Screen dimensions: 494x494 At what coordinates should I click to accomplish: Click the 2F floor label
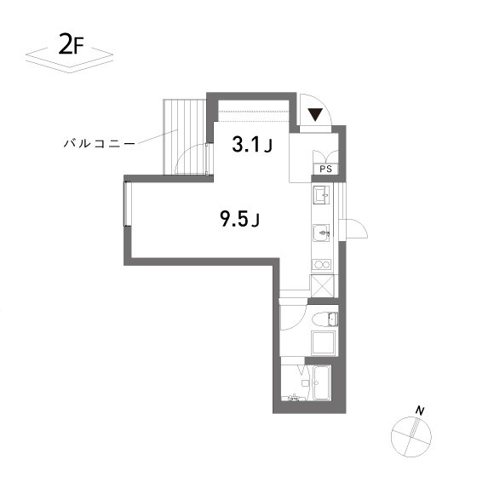pos(72,45)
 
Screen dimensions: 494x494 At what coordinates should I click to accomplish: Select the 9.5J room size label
pos(239,219)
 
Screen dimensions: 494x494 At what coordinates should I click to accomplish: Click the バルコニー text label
pos(100,144)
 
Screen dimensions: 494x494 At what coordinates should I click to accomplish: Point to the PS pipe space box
pos(325,169)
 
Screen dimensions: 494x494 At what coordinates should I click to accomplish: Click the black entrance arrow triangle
pos(315,115)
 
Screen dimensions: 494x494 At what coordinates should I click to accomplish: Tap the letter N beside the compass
pos(420,411)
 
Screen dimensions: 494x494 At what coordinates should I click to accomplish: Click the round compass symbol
pos(411,436)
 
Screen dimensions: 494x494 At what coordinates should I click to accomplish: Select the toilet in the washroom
pos(325,319)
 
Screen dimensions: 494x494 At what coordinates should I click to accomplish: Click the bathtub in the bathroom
pos(321,382)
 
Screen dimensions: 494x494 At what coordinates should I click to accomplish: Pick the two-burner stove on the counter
pos(321,265)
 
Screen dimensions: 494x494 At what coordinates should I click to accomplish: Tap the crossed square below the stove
pos(322,285)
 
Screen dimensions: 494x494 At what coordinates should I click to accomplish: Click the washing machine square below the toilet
pos(324,343)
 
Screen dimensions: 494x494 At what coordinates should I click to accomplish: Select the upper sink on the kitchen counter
pos(321,195)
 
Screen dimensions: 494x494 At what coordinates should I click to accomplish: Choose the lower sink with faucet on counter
pos(321,233)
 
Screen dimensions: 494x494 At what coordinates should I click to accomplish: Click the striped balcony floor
pos(185,136)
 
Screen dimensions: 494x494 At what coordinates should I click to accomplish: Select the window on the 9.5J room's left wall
pos(126,204)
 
